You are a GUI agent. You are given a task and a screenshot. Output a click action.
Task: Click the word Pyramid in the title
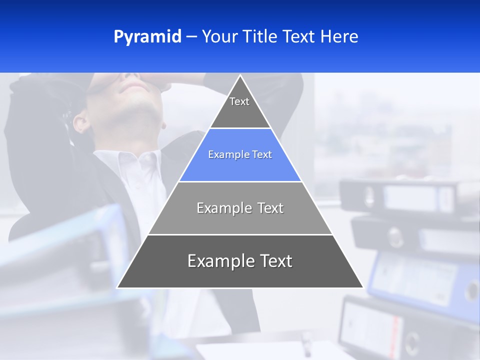pos(147,37)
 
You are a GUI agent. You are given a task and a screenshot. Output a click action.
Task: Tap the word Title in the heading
pos(259,37)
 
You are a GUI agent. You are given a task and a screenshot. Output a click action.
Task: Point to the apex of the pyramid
pos(240,76)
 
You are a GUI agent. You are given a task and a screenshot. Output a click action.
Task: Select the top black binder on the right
pos(400,195)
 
